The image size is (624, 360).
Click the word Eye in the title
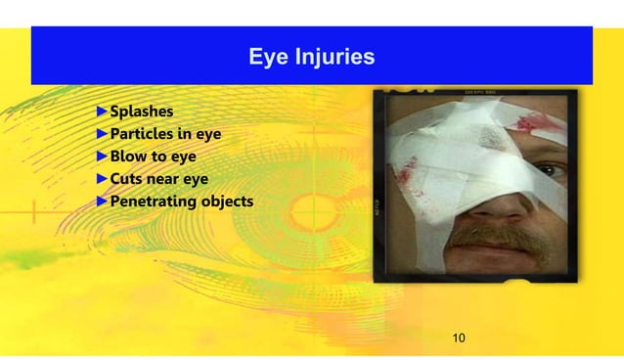point(266,57)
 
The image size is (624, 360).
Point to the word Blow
point(128,156)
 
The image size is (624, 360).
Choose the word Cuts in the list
point(127,179)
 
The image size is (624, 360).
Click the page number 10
point(458,338)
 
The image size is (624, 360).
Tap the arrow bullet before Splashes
point(102,111)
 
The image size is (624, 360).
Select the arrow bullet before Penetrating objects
point(102,202)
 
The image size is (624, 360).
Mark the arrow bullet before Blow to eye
point(102,156)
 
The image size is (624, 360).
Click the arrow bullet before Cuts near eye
point(102,179)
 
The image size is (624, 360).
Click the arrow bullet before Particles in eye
point(102,133)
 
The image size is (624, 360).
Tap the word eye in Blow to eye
point(183,156)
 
